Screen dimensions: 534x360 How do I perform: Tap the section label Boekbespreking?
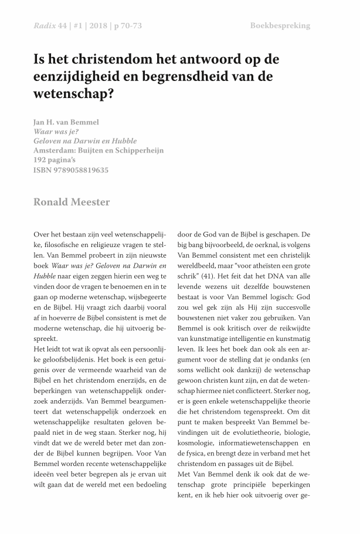pos(280,26)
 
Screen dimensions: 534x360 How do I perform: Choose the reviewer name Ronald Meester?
pos(71,202)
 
